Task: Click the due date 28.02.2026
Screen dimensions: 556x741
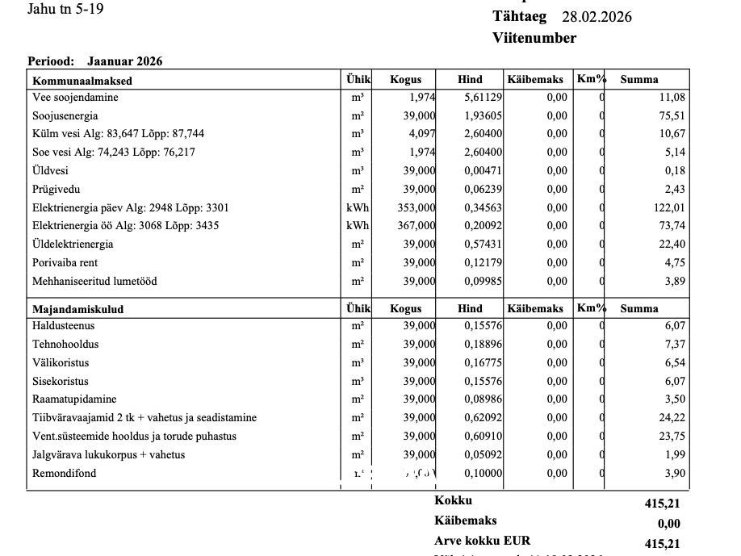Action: (x=597, y=17)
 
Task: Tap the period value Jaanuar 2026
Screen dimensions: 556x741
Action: (x=124, y=61)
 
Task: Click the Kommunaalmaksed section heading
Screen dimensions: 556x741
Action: (x=82, y=81)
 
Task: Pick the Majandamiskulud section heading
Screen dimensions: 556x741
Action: (x=78, y=309)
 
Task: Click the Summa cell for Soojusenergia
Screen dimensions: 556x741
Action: (x=672, y=115)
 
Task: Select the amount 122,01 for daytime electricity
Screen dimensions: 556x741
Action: (x=669, y=207)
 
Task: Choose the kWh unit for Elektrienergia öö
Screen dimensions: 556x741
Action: (x=358, y=226)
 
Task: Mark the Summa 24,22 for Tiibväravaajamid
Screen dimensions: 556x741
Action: (x=672, y=418)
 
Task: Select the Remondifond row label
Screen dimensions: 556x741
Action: (x=65, y=473)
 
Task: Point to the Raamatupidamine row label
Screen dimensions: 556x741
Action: (x=74, y=399)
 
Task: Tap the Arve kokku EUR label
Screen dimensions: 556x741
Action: (x=483, y=541)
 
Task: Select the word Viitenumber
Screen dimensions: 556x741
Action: (x=534, y=38)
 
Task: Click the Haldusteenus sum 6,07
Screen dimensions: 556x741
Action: (x=675, y=326)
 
